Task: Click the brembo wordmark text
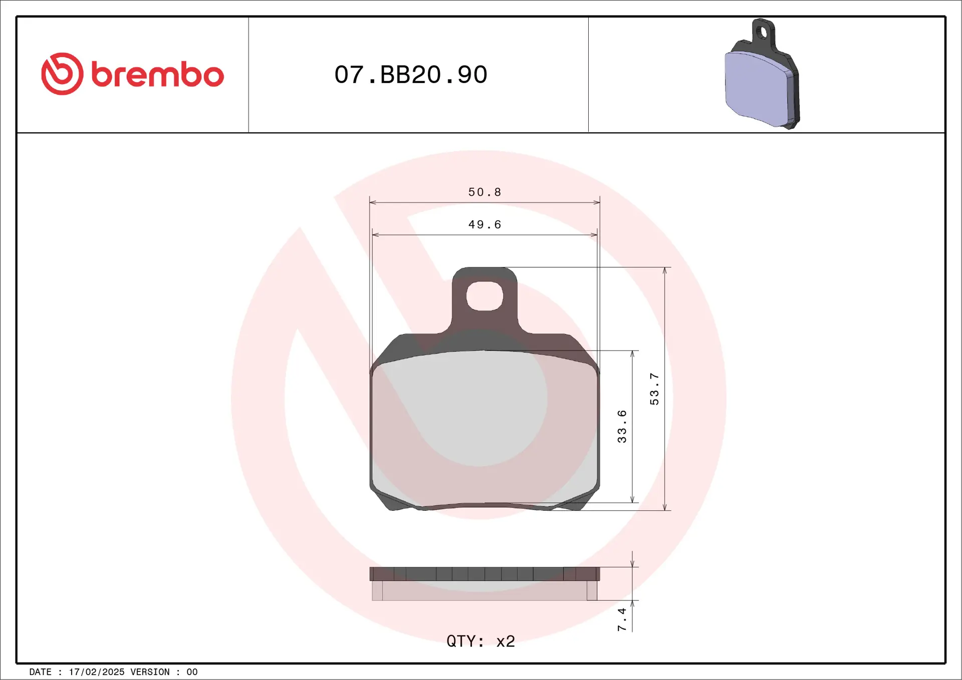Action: click(x=157, y=75)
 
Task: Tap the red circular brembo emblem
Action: click(x=62, y=74)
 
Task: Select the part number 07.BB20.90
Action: click(x=411, y=75)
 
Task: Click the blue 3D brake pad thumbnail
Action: click(x=762, y=74)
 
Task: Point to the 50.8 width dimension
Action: click(x=485, y=192)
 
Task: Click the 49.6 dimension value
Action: click(x=485, y=225)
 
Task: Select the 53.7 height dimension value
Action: click(x=654, y=389)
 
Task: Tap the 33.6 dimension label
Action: click(x=622, y=426)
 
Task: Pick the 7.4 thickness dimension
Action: click(x=622, y=619)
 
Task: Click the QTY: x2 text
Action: click(x=481, y=641)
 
